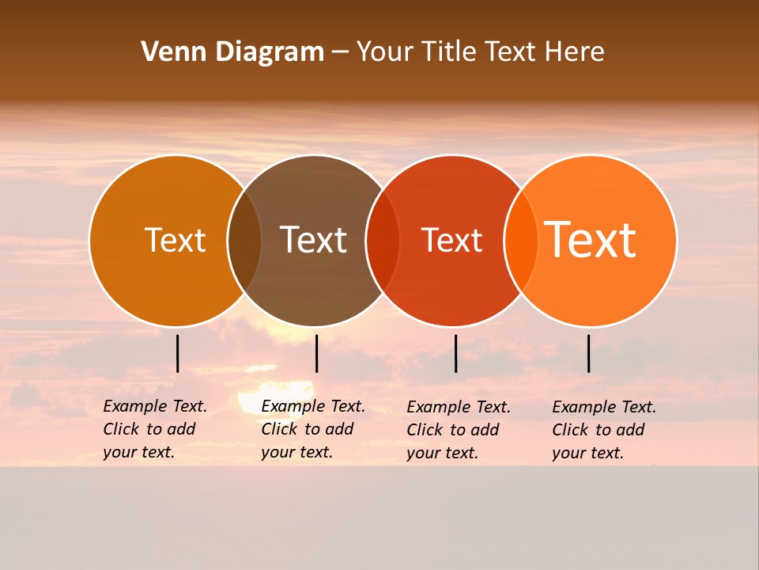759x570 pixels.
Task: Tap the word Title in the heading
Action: [448, 52]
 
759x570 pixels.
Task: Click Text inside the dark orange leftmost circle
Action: [175, 240]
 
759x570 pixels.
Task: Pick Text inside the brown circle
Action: [314, 240]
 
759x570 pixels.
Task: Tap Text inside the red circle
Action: [451, 240]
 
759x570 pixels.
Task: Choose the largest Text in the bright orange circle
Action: [591, 240]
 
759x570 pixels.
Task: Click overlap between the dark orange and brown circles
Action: [244, 241]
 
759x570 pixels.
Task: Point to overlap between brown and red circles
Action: [383, 241]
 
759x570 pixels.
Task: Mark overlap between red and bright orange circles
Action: [521, 241]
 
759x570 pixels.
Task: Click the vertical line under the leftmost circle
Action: [177, 353]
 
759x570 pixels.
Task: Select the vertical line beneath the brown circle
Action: [316, 353]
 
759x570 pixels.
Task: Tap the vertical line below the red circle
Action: [455, 353]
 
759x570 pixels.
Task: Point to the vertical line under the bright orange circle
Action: [588, 353]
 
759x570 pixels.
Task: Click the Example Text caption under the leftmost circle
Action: [154, 429]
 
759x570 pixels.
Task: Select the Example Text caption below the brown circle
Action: [312, 429]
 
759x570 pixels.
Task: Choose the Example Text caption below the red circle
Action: [458, 430]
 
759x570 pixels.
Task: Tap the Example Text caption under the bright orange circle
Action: [603, 430]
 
